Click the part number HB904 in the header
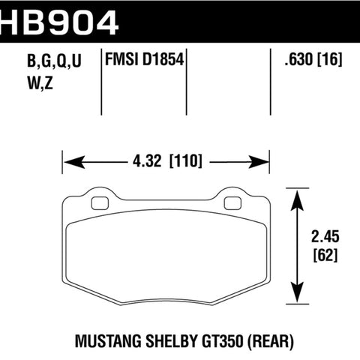pos(59,22)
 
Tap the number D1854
pos(163,59)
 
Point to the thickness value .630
pos(298,59)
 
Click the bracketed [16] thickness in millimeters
pos(329,60)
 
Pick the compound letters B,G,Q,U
pos(54,61)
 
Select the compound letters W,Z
pos(40,83)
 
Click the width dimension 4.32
pos(147,161)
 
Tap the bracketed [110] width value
pos(185,161)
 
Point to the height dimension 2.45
pos(325,236)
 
